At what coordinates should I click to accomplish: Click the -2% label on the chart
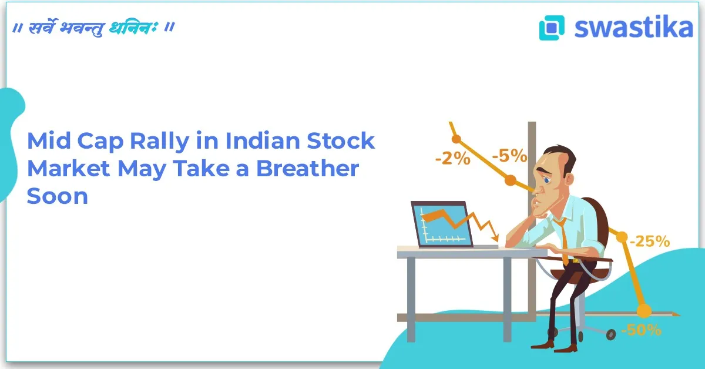click(x=452, y=159)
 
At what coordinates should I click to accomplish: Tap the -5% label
click(x=509, y=157)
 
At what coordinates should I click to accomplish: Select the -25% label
click(x=649, y=241)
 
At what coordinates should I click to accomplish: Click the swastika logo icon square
click(x=552, y=28)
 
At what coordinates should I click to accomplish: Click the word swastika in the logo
click(x=633, y=27)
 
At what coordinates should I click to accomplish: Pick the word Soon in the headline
click(x=57, y=196)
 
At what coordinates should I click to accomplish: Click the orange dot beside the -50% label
click(x=644, y=309)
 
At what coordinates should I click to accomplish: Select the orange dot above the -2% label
click(x=456, y=139)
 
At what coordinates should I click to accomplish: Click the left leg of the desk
click(x=411, y=300)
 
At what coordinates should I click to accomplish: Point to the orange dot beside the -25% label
click(x=622, y=236)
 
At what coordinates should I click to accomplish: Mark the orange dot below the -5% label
click(x=511, y=179)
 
